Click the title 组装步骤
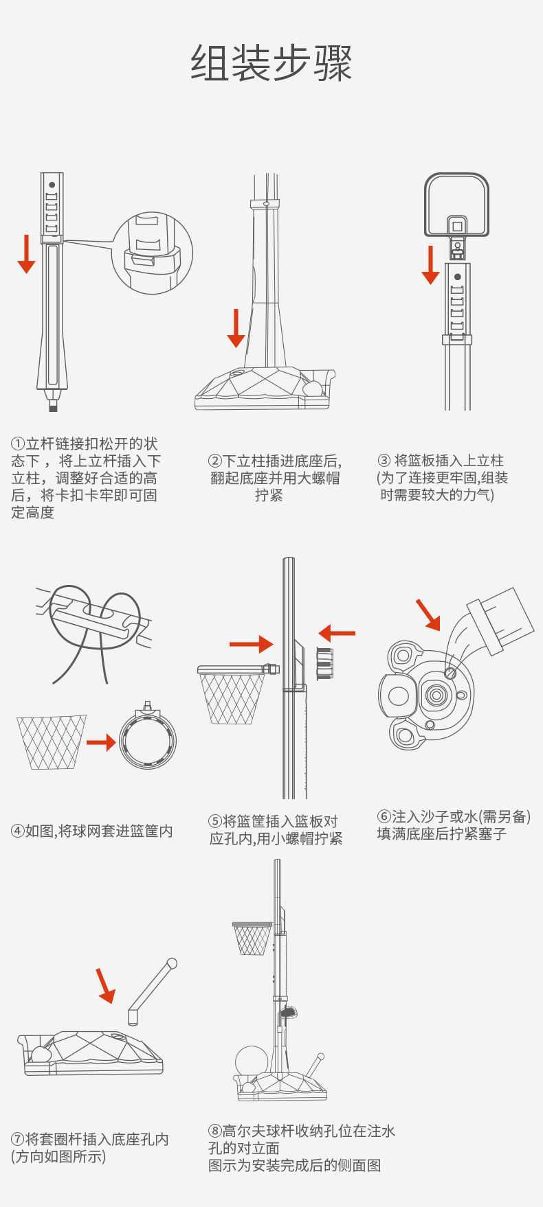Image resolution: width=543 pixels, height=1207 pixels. pyautogui.click(x=271, y=64)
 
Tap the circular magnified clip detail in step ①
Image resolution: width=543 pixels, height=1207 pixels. pyautogui.click(x=152, y=253)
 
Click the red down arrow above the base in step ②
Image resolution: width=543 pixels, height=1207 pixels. pyautogui.click(x=236, y=327)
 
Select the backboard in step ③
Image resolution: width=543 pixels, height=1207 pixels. pyautogui.click(x=457, y=204)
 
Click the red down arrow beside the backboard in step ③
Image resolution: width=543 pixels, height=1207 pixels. pyautogui.click(x=430, y=264)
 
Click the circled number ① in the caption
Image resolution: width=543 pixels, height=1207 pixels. pyautogui.click(x=18, y=444)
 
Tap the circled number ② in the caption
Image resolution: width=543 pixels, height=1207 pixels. pyautogui.click(x=214, y=461)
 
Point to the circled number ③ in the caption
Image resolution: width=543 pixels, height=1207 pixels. pyautogui.click(x=384, y=461)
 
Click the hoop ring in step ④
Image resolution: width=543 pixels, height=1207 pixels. pyautogui.click(x=148, y=740)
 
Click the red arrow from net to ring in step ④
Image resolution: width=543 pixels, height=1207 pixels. pyautogui.click(x=101, y=742)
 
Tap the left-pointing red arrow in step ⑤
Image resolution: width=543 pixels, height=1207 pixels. pyautogui.click(x=337, y=633)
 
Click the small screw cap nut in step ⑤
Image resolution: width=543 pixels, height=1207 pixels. pyautogui.click(x=324, y=663)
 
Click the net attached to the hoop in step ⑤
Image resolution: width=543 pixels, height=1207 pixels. pyautogui.click(x=231, y=699)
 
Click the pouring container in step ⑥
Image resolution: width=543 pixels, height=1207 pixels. pyautogui.click(x=498, y=621)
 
